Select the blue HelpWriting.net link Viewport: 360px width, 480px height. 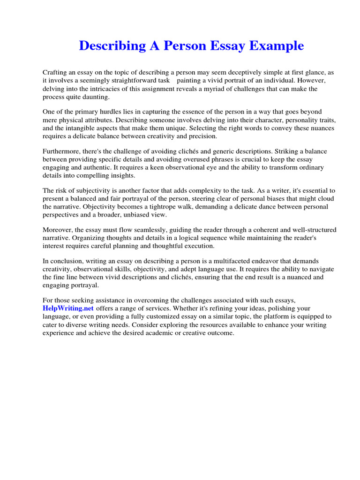tap(68, 308)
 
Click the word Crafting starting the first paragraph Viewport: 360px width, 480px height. tap(55, 72)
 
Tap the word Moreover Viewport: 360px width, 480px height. tap(58, 230)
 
